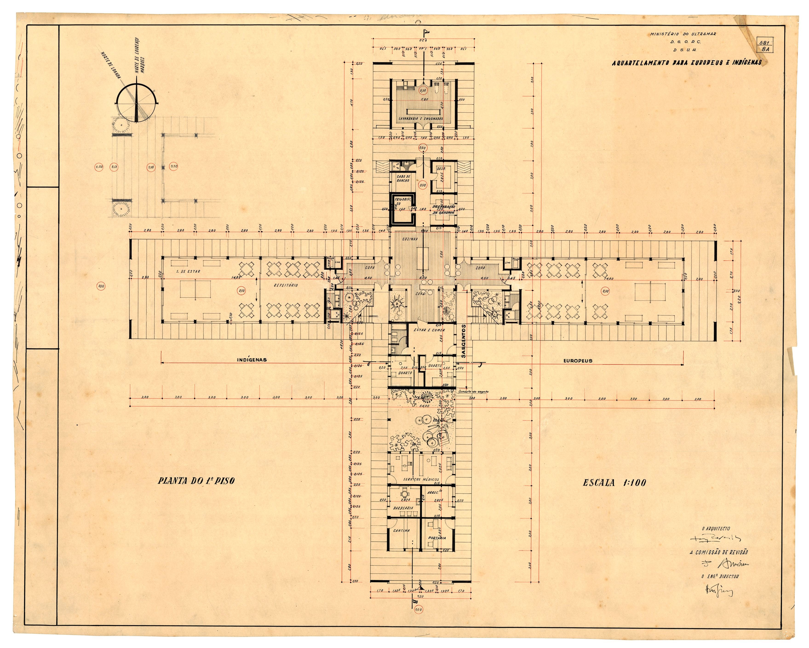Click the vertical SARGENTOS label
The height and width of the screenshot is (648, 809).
click(x=464, y=341)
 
